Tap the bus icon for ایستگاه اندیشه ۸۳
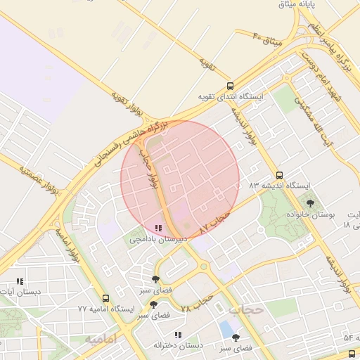coord(280,175)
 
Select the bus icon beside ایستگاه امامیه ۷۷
coord(105,299)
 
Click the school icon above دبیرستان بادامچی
coord(157,229)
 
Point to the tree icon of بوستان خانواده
coord(311,203)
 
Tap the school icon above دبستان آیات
coord(20,281)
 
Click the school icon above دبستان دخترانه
coord(178,335)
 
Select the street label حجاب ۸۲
coord(215,223)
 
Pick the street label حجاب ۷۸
coord(196,304)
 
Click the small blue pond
coord(226,328)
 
